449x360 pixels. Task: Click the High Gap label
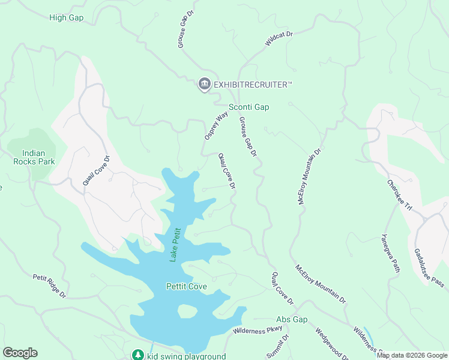pyautogui.click(x=66, y=17)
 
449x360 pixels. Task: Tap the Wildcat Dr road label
pyautogui.click(x=279, y=39)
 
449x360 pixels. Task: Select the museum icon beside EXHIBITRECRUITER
pyautogui.click(x=204, y=85)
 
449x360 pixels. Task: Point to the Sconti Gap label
pyautogui.click(x=249, y=107)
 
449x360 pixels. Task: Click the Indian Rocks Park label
pyautogui.click(x=34, y=157)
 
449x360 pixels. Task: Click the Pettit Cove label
pyautogui.click(x=187, y=286)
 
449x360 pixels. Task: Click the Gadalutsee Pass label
pyautogui.click(x=429, y=267)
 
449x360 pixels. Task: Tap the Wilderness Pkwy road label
pyautogui.click(x=258, y=330)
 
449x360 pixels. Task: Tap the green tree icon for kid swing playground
pyautogui.click(x=138, y=355)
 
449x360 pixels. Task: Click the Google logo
pyautogui.click(x=20, y=353)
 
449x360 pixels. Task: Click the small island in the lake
pyautogui.click(x=187, y=311)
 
